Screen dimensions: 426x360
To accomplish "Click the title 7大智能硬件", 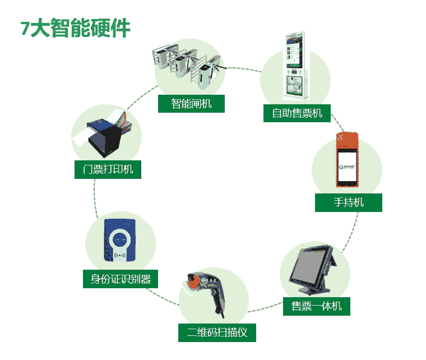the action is click(x=76, y=28).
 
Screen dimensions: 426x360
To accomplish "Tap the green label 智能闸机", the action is click(x=191, y=104).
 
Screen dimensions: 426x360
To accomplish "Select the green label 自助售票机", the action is click(x=297, y=113).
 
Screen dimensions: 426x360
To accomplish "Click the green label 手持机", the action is click(x=349, y=202).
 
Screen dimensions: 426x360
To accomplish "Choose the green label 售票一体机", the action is click(x=317, y=306).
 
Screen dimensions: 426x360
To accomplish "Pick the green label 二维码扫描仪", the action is click(x=217, y=333).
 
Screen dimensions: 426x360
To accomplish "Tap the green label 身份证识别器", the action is click(x=121, y=279).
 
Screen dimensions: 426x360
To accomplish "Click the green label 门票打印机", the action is click(x=108, y=169).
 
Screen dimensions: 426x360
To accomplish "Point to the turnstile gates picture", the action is click(x=189, y=67).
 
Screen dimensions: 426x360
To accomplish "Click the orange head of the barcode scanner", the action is click(x=193, y=281).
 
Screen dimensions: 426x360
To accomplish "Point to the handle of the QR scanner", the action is click(x=218, y=302).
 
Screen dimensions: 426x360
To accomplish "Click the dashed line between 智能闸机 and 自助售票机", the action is click(x=243, y=69).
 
